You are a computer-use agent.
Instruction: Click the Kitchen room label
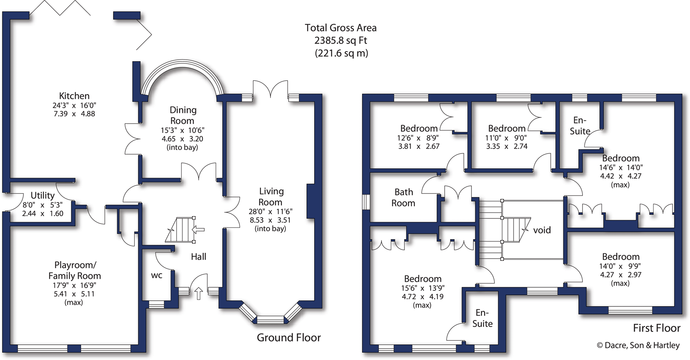click(74, 96)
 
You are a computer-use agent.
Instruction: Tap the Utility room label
click(42, 195)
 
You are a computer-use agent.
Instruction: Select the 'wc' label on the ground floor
click(157, 275)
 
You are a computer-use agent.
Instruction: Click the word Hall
click(199, 257)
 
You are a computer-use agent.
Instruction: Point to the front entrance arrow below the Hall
click(199, 293)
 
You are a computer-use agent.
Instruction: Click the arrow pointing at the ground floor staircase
click(198, 230)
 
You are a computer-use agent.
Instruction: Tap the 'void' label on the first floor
click(542, 230)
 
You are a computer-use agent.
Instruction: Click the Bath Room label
click(403, 197)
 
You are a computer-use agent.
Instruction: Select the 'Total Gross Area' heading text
click(341, 28)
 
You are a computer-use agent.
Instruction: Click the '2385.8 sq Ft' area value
click(341, 41)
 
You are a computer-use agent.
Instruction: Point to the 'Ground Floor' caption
click(289, 337)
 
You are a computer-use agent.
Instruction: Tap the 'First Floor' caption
click(656, 328)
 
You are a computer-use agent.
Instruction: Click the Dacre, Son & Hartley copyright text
click(638, 345)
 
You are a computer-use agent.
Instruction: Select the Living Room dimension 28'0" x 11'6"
click(270, 212)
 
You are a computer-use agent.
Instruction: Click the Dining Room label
click(183, 115)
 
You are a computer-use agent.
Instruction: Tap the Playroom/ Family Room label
click(75, 270)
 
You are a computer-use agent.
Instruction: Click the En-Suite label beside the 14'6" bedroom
click(580, 126)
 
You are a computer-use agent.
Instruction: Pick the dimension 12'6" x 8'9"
click(419, 138)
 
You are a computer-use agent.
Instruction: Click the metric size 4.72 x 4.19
click(422, 297)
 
